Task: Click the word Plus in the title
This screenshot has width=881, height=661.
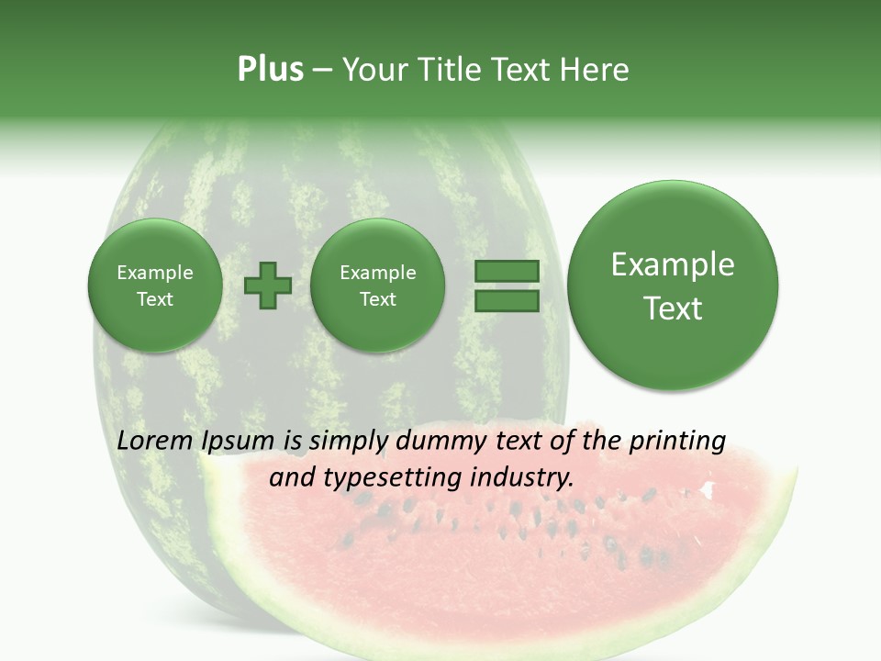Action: click(x=270, y=70)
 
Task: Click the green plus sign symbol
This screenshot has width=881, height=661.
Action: click(x=267, y=286)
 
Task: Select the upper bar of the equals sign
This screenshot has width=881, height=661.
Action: click(x=507, y=271)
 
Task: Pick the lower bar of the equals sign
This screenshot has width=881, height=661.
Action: click(x=507, y=301)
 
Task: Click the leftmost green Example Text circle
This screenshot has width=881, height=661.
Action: click(x=154, y=286)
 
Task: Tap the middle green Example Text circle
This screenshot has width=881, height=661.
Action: click(x=377, y=286)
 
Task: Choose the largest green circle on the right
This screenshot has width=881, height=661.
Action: click(x=673, y=286)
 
